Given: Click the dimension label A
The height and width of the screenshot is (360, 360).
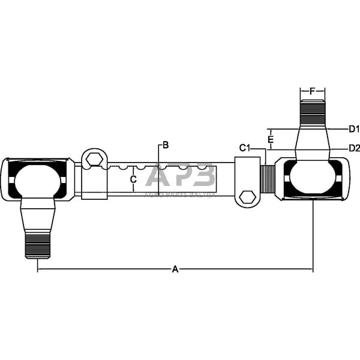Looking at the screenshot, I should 175,269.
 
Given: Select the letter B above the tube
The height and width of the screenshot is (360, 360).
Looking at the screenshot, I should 165,145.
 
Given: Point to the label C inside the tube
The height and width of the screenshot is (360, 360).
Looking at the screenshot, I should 133,179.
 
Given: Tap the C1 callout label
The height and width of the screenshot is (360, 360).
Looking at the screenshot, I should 244,148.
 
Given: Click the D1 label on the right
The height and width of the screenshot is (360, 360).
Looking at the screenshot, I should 353,129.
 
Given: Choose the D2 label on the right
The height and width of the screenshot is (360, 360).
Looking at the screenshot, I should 353,148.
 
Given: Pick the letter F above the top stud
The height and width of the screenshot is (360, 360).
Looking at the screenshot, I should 312,91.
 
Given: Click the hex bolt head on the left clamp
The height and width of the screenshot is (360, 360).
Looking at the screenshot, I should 93,160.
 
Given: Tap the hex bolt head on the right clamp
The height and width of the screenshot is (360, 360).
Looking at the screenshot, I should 245,197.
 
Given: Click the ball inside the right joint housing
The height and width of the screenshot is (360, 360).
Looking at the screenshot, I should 312,179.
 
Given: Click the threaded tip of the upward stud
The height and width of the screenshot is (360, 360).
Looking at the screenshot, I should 312,111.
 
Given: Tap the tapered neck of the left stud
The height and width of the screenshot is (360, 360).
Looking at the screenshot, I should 37,216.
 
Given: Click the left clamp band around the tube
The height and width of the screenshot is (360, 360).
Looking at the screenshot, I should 94,183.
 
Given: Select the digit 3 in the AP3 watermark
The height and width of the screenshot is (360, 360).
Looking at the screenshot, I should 204,176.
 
